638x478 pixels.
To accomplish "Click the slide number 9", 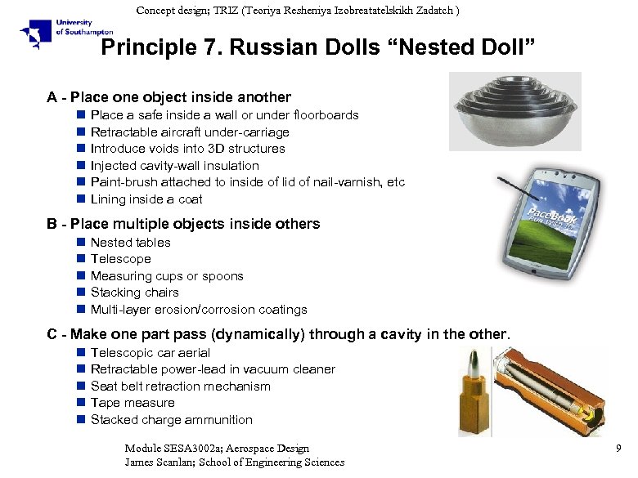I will (618, 449).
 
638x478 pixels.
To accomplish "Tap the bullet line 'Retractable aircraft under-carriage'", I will (190, 132).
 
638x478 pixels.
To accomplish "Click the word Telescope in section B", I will (121, 259).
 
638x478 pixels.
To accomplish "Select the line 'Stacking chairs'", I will (135, 293).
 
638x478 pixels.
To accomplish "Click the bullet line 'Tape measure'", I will (133, 403).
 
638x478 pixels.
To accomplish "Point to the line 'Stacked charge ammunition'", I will (172, 420).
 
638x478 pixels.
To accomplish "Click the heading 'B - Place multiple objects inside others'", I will (184, 224).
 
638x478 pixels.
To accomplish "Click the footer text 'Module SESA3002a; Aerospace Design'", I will (217, 449).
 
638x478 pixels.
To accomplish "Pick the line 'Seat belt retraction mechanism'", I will (181, 386).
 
